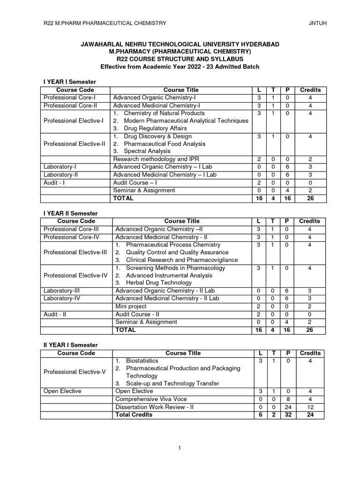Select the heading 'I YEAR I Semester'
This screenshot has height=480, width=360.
point(69,82)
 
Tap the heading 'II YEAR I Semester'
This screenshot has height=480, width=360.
point(70,345)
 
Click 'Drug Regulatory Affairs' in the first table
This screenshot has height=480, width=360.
point(155,128)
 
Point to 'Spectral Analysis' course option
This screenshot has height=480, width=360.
point(148,151)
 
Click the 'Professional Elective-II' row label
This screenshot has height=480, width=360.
point(75,144)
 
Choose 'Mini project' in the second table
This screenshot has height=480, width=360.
point(131,307)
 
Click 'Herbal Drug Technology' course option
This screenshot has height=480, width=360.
point(158,283)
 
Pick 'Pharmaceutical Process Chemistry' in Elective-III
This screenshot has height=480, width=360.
point(173,245)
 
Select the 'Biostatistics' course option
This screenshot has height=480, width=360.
point(142,361)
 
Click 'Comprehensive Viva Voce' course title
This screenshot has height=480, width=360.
point(150,399)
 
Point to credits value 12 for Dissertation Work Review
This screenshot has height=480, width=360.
point(310,407)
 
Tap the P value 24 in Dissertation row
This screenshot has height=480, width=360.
point(288,407)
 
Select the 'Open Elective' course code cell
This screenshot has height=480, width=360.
point(62,391)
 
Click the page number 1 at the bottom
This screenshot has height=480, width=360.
point(180,449)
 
